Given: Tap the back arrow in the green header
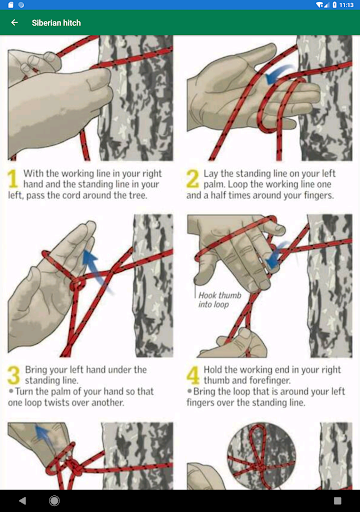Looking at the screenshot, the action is (14, 23).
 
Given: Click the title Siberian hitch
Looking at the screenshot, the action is (56, 23).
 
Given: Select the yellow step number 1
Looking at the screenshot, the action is (13, 179).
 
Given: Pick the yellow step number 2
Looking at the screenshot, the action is (192, 178).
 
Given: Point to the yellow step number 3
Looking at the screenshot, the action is (14, 375).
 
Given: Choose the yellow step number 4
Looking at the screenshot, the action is (193, 375).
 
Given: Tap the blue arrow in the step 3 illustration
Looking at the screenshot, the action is (97, 271).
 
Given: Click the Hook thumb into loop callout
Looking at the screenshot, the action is (219, 300).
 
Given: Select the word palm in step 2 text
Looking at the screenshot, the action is (213, 184).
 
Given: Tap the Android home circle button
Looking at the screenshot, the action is (54, 501).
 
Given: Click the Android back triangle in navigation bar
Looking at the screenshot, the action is (23, 501).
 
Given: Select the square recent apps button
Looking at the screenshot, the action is (337, 501).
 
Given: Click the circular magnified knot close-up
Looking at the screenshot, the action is (261, 456).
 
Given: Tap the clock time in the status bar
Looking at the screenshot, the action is (346, 5).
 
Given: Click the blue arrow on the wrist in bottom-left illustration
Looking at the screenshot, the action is (43, 435).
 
